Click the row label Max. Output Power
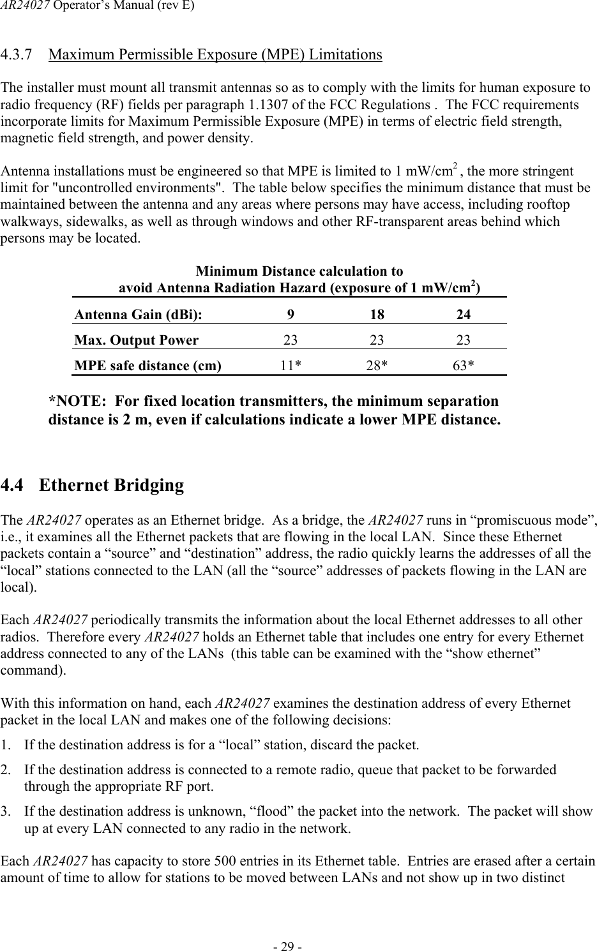tap(137, 340)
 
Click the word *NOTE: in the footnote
tap(76, 401)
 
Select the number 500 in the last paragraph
tap(226, 861)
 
